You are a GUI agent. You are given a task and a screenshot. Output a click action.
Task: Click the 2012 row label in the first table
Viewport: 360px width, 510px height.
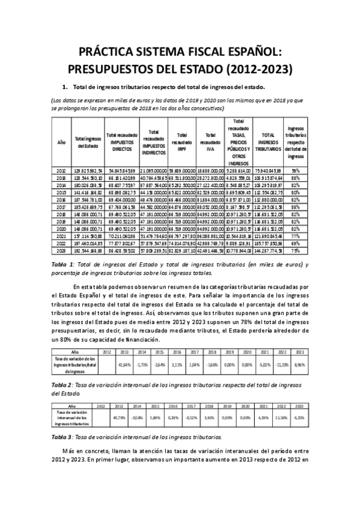pyautogui.click(x=61, y=171)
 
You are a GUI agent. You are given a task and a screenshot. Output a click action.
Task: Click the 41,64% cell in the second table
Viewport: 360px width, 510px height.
pyautogui.click(x=125, y=364)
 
